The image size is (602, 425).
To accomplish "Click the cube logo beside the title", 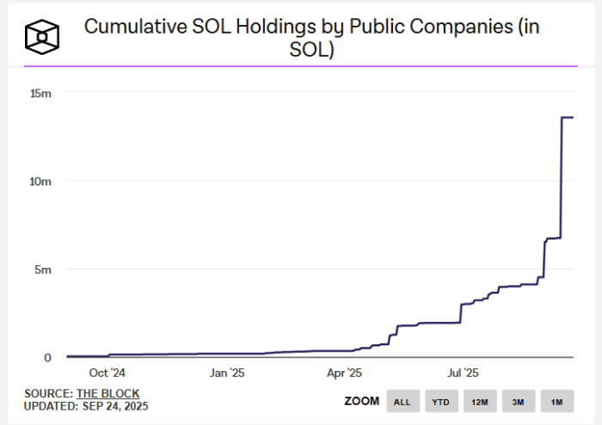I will click(40, 37).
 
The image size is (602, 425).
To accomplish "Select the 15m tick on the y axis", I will click(41, 93).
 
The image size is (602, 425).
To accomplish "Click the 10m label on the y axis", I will click(41, 181).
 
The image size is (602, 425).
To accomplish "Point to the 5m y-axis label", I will click(44, 270).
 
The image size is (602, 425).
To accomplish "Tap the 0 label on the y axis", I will click(48, 358).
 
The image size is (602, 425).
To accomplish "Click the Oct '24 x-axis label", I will click(107, 373).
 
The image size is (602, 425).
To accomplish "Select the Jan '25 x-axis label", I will click(227, 373).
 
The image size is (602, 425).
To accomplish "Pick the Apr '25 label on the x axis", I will click(346, 373).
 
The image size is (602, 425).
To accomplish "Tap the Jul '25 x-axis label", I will click(464, 373).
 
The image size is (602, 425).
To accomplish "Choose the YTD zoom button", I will click(440, 402).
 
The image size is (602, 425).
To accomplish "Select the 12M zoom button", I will click(480, 402).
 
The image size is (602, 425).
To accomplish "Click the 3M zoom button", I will click(519, 402).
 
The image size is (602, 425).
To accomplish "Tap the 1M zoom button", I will click(557, 402).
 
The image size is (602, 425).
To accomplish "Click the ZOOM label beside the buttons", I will click(362, 401).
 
